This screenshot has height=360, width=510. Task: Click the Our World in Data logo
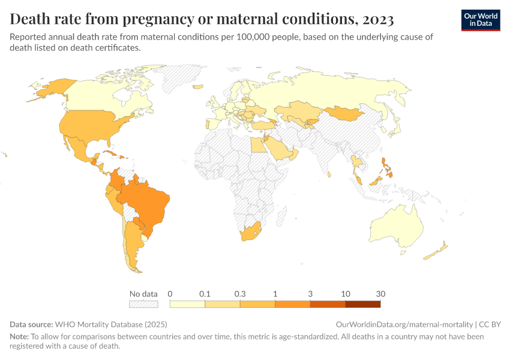tap(481, 19)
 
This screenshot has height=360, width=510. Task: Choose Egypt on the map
tap(256, 144)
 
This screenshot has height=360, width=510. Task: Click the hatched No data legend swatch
tap(143, 304)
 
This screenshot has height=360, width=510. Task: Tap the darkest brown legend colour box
tap(363, 304)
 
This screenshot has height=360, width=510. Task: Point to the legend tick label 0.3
tap(240, 294)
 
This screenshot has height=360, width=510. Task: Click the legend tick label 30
tap(380, 294)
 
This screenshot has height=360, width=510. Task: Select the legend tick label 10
tap(346, 294)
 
